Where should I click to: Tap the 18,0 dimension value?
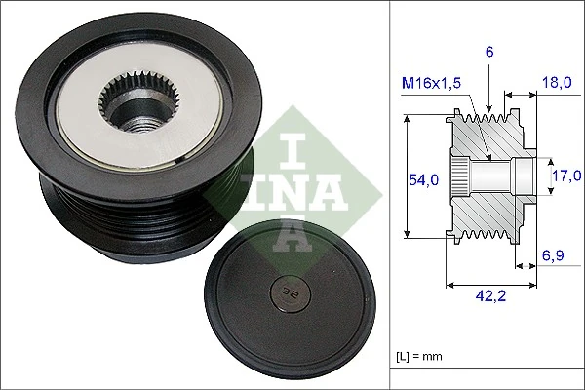coord(557,84)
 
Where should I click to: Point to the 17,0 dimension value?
coord(565,176)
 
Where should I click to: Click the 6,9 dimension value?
coord(554,255)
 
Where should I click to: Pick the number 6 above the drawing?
coord(490,52)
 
